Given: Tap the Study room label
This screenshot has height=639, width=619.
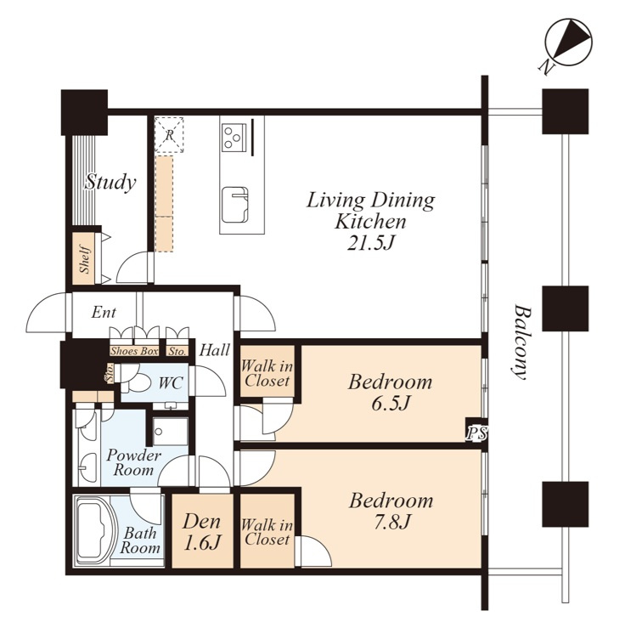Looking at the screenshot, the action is pos(110,182).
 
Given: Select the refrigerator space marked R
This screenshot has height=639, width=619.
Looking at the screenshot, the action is pos(169,135).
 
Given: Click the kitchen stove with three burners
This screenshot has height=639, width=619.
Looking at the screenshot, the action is pos(234,136).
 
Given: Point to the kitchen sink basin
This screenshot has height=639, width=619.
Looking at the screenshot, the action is pos(234,205).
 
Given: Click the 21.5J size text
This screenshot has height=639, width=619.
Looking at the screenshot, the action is pos(371,243).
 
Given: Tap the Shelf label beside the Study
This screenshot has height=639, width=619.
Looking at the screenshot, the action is pos(85,259).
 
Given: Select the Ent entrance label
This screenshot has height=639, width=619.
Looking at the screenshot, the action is pos(104,313).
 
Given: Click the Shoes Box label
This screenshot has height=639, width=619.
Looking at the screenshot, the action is pos(134,351).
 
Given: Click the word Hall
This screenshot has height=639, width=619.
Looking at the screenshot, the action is pos(214,350).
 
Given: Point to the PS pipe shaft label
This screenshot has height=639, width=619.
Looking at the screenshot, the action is pos(476,433).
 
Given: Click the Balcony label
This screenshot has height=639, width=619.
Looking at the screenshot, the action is pos(521,342).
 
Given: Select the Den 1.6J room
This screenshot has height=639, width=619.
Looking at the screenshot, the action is pos(202,530).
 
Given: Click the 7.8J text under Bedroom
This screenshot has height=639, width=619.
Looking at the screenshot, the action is pos(391,522).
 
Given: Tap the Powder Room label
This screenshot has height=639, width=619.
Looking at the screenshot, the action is pos(132,462).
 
